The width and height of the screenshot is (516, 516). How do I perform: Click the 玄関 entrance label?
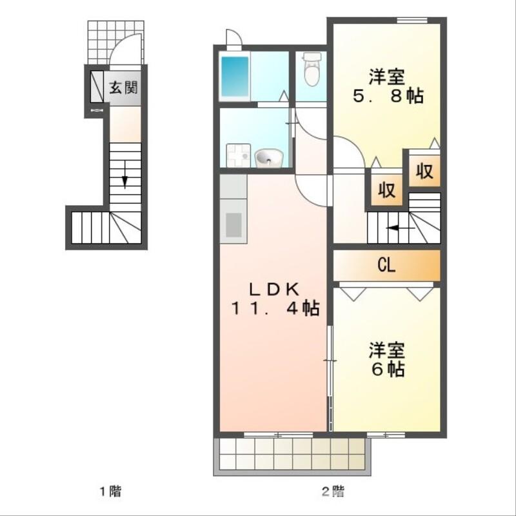123,87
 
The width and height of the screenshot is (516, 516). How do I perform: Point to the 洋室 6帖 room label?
386,361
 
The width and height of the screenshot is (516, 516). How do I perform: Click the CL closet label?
386,264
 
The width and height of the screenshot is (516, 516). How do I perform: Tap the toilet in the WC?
312,70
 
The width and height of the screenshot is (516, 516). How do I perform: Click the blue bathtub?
235,77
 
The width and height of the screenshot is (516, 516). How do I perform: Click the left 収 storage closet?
386,192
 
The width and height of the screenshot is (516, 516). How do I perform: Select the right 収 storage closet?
423,172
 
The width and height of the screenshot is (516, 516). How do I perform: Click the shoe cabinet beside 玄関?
96,86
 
